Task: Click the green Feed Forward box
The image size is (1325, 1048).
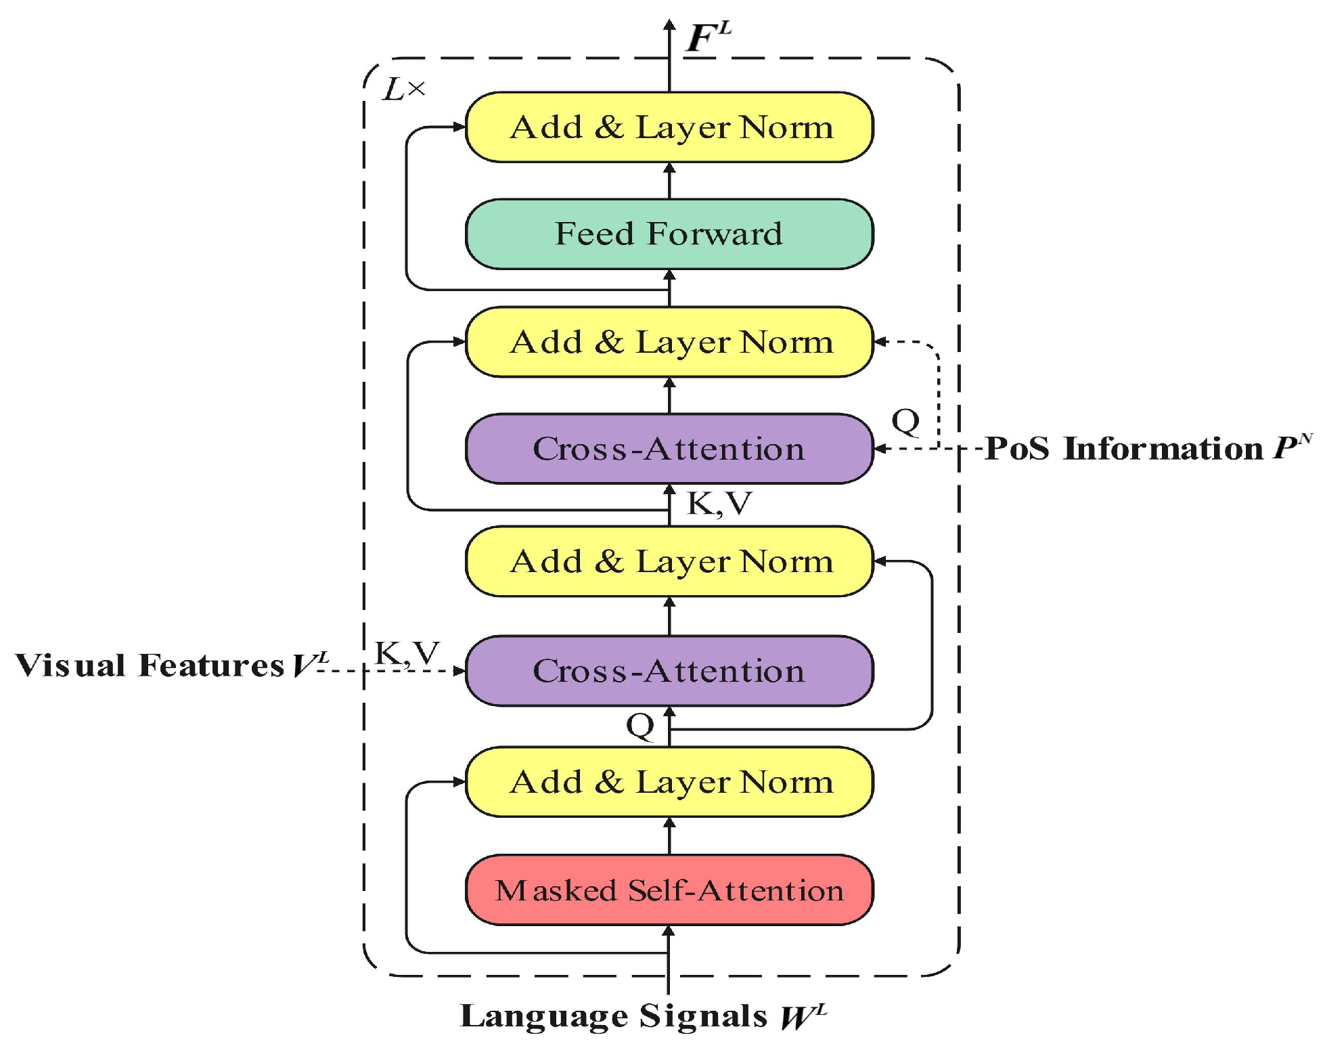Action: click(669, 234)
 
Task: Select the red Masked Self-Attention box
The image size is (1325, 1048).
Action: click(669, 890)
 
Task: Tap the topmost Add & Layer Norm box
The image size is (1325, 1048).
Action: click(669, 127)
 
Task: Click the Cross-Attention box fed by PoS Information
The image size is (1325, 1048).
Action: click(669, 448)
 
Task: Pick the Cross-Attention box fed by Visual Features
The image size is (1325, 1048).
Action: click(669, 670)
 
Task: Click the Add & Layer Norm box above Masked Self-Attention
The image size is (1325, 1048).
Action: click(669, 781)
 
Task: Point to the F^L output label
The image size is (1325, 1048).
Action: click(708, 37)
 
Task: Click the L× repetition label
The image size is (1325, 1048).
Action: click(404, 89)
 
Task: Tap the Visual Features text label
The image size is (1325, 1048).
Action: click(149, 665)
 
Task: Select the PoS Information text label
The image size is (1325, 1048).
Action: click(1123, 448)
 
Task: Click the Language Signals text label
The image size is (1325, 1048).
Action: click(613, 1016)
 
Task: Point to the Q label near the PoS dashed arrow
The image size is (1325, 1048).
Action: click(905, 421)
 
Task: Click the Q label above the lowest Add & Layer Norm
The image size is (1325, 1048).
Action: click(640, 726)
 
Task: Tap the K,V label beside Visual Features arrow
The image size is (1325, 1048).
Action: click(407, 653)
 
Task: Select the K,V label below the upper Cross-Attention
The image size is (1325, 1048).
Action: click(719, 503)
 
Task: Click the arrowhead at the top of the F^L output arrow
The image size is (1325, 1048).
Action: click(669, 26)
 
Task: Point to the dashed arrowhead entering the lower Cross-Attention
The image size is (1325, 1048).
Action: click(459, 671)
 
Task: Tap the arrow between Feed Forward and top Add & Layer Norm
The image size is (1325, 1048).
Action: click(669, 180)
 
